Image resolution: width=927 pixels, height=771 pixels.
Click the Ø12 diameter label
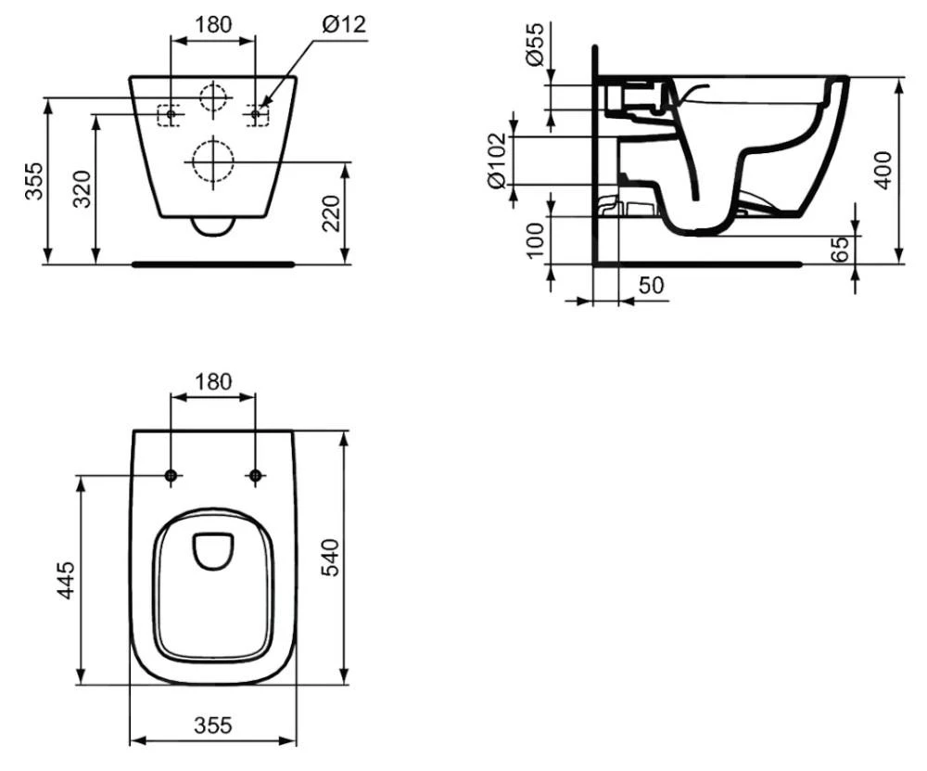click(x=345, y=25)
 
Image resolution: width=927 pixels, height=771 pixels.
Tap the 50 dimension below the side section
click(x=651, y=286)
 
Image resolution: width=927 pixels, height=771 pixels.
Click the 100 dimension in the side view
click(x=536, y=240)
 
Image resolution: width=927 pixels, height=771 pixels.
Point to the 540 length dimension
click(x=330, y=557)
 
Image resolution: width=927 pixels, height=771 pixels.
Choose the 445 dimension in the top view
click(x=66, y=581)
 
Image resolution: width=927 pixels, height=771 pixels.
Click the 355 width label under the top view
click(x=213, y=725)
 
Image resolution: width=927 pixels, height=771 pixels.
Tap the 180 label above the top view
click(x=213, y=380)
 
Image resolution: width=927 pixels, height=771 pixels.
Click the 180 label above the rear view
click(x=213, y=25)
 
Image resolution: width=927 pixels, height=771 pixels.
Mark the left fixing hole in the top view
click(x=171, y=476)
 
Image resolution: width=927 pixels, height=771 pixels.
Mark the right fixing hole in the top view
click(x=256, y=476)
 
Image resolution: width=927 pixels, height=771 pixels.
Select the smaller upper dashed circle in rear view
click(x=213, y=97)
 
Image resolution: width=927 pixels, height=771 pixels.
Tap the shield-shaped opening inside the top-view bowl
click(x=213, y=550)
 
